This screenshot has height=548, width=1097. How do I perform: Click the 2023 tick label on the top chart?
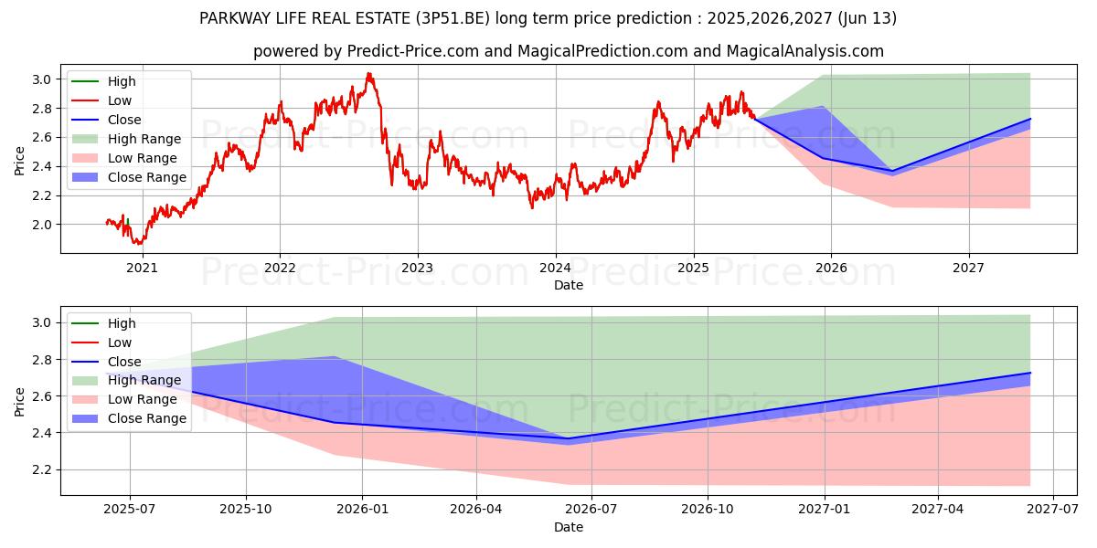click(x=418, y=268)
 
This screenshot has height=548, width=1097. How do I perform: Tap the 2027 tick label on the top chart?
click(x=968, y=268)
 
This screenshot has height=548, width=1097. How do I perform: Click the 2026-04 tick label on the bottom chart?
click(x=477, y=510)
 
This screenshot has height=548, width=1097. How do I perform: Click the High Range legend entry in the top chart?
click(x=144, y=139)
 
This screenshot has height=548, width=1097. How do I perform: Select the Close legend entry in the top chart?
click(x=124, y=120)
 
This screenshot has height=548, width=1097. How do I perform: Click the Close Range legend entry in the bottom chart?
click(x=146, y=418)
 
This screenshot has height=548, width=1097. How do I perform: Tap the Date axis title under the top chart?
click(x=569, y=285)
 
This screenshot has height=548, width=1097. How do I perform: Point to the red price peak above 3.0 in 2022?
click(x=368, y=74)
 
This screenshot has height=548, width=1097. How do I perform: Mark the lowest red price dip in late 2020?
click(x=137, y=244)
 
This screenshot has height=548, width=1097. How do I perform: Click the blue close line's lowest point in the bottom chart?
click(x=567, y=438)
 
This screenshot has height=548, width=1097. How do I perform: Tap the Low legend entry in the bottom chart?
click(x=120, y=342)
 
